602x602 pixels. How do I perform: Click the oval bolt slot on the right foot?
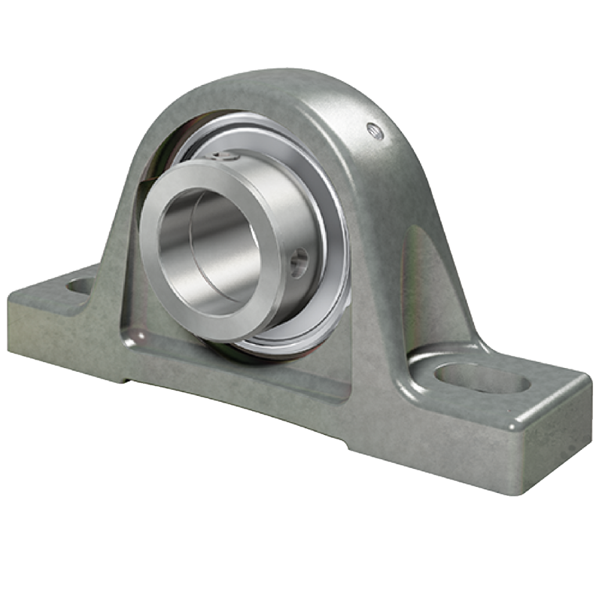pyautogui.click(x=482, y=379)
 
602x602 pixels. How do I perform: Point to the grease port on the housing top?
pyautogui.click(x=374, y=131)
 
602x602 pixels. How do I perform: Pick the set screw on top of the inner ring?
pyautogui.click(x=223, y=157)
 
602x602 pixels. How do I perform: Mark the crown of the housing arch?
pyautogui.click(x=286, y=83)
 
